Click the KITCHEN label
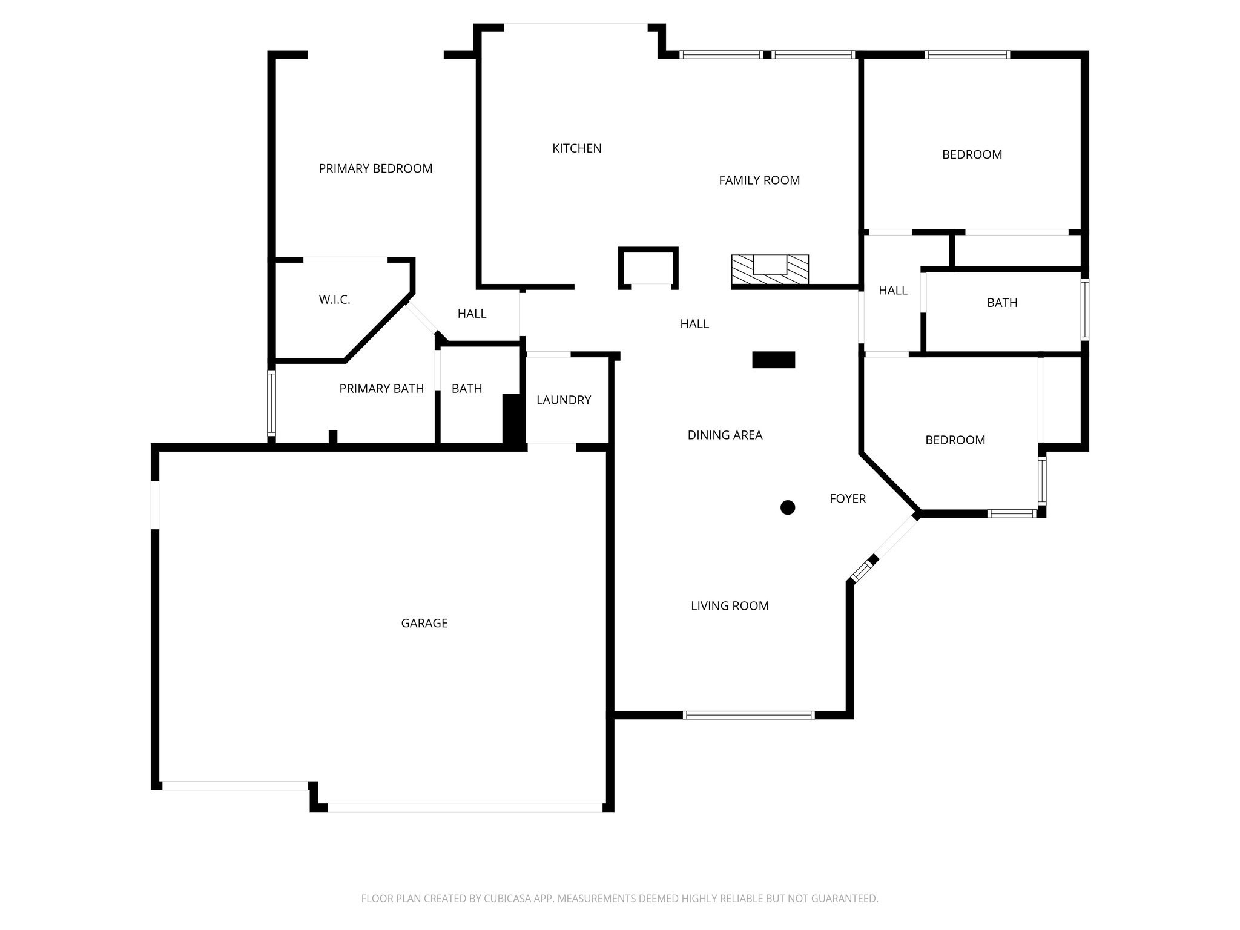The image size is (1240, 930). coord(576,148)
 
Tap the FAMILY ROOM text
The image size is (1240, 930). coord(759,180)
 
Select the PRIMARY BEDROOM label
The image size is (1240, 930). coord(375,169)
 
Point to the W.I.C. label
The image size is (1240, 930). coord(334,300)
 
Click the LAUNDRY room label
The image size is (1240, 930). coord(563,400)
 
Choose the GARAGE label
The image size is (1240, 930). coord(424,623)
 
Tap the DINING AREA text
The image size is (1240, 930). coord(725,435)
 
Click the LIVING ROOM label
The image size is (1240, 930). coord(730,606)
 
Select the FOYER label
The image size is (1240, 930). coord(847,499)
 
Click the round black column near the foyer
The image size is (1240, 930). coord(787,507)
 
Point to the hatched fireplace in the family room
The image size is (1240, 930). coord(770,269)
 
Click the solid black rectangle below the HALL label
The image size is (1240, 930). coord(773,360)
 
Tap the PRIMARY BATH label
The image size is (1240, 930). coord(381,389)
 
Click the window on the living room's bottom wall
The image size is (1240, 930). coord(748,715)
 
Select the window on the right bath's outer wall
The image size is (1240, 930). coord(1085,309)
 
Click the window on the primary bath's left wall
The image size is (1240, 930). coord(272,403)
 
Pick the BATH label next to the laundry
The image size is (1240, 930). coord(466,389)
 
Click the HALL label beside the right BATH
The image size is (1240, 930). coord(892,291)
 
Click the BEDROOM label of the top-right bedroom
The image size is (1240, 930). coord(972,155)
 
